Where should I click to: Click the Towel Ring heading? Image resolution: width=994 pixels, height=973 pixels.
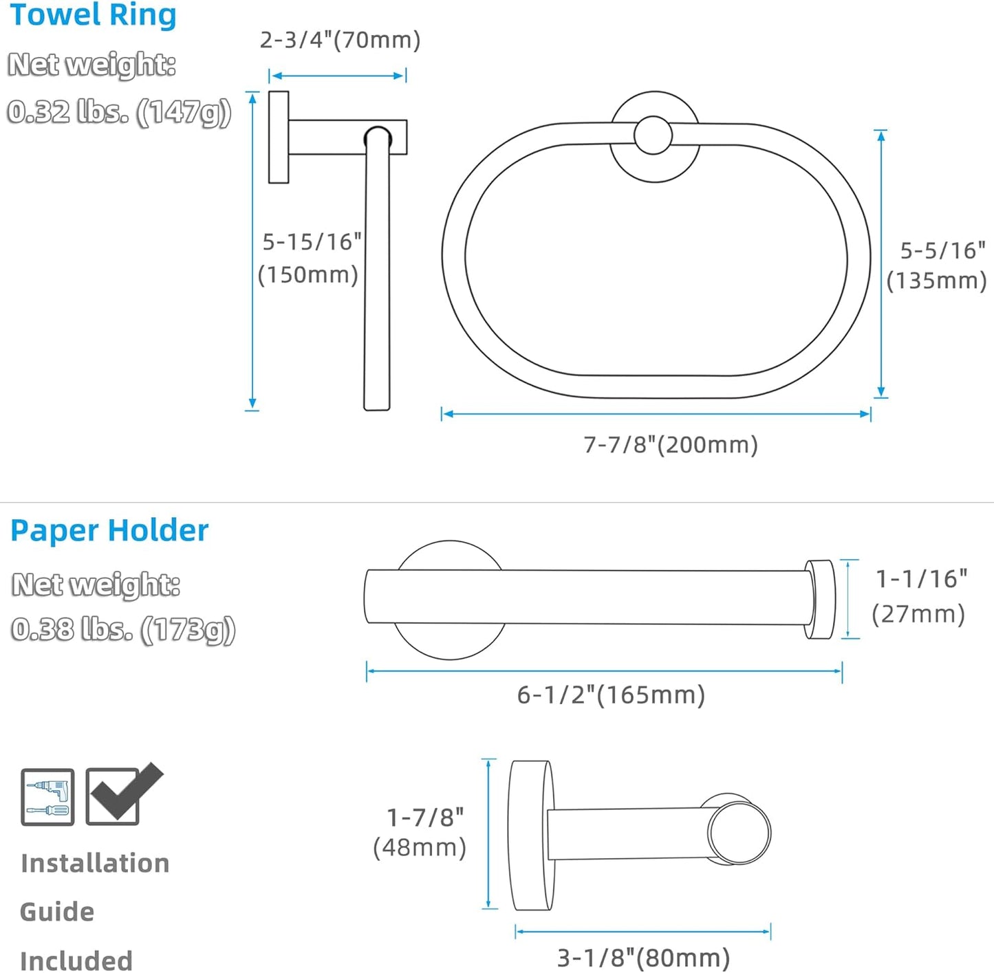tap(93, 15)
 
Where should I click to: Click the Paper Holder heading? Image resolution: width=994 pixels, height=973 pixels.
tap(109, 531)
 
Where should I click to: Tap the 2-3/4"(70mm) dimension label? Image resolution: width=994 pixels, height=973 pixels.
tap(340, 40)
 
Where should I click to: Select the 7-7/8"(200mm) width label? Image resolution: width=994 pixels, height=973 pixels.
tap(671, 445)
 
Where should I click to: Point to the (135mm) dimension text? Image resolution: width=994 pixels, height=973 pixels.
tap(936, 281)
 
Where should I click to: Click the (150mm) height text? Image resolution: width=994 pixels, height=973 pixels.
tap(308, 275)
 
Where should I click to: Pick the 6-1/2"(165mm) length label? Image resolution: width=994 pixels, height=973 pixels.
tap(611, 695)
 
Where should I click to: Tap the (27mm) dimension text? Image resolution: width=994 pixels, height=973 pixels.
tap(918, 613)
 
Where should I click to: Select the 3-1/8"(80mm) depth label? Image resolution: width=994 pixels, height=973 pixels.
tap(643, 958)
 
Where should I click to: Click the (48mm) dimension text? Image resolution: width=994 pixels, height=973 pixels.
tap(420, 847)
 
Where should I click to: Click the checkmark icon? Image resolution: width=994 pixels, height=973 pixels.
tap(122, 795)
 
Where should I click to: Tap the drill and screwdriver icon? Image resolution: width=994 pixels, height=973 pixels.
tap(47, 797)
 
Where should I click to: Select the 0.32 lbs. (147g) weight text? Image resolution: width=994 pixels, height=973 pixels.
tap(119, 112)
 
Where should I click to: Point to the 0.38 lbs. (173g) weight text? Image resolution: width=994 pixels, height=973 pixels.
tap(123, 629)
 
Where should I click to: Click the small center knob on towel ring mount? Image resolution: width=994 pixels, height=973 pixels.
tap(653, 135)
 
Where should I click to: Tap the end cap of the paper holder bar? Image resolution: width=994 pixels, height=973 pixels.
tap(820, 599)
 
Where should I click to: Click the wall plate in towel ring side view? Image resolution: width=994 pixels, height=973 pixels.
tap(279, 137)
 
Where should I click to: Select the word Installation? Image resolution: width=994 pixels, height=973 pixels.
tap(95, 864)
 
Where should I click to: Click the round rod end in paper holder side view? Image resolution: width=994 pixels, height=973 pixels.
tap(739, 833)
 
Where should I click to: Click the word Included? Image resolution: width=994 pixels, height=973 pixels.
tap(76, 961)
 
